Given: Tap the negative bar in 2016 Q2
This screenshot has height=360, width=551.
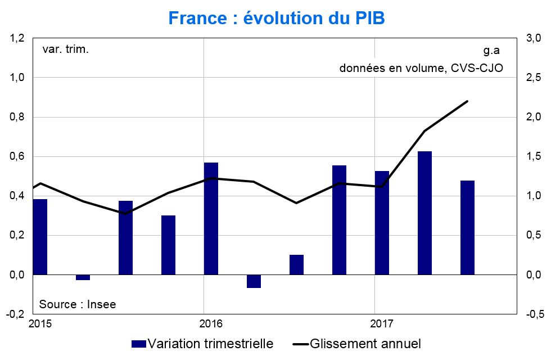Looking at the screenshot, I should point(254,281).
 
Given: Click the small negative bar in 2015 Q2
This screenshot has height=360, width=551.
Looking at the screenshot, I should point(83,277).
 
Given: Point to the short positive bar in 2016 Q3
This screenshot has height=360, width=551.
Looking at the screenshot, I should point(296,264).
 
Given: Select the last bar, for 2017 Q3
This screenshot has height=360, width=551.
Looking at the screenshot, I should point(467,227).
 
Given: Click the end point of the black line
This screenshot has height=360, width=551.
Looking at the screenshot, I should point(467,101).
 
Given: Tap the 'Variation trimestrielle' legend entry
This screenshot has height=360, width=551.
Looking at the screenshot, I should point(202,343).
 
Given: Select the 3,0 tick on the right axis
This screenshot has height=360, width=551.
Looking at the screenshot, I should point(533,38).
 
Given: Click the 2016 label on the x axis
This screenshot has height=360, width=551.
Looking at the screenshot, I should point(211,323).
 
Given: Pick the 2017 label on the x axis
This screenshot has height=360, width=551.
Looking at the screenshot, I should point(382,323).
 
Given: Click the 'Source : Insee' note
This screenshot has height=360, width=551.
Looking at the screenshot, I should point(78,304).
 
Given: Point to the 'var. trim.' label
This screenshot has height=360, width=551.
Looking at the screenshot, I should point(66,49).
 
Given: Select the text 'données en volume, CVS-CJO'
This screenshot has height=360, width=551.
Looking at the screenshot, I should point(421,68).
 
